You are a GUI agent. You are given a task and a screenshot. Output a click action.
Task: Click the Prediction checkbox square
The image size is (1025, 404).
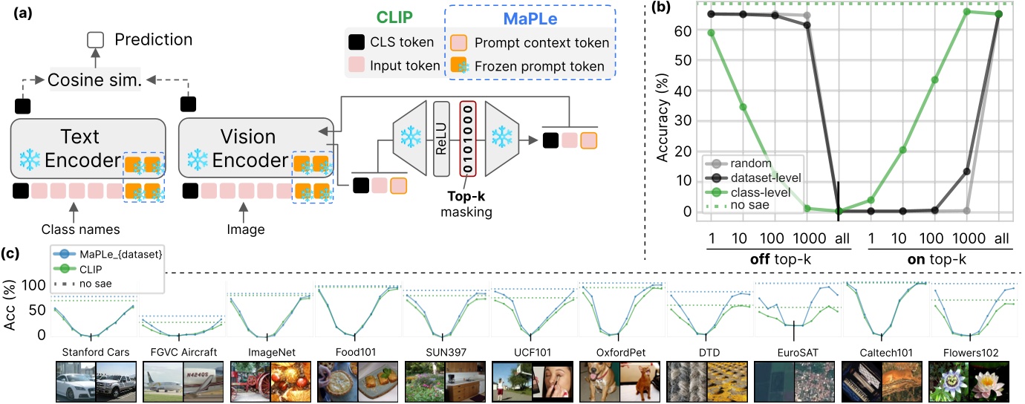tap(94, 39)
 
